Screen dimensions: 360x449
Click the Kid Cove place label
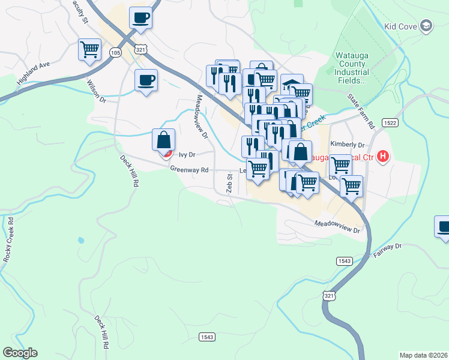point(401,26)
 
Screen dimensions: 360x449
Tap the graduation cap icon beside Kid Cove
point(426,25)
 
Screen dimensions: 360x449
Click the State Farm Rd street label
point(360,111)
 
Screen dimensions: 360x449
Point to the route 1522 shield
point(391,122)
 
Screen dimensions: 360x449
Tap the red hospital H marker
point(384,157)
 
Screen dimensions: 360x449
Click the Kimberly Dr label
point(348,145)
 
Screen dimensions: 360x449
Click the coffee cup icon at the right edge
point(444,227)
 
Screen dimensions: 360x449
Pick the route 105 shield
point(115,54)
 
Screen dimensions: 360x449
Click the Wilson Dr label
point(96,91)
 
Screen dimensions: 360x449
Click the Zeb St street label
point(229,183)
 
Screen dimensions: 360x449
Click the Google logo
point(20,353)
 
